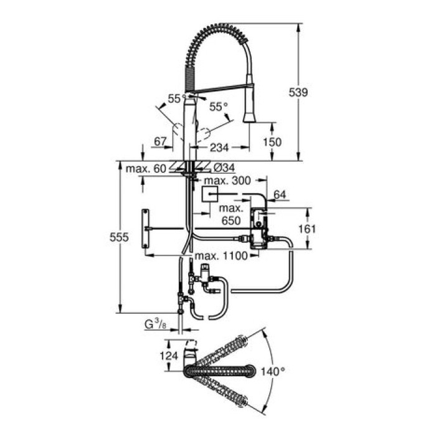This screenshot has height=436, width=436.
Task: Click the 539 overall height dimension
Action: click(299, 92)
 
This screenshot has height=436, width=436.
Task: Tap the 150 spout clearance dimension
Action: click(272, 142)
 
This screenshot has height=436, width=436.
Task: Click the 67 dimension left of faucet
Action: click(160, 142)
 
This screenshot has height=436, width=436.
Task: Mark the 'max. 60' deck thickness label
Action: click(145, 168)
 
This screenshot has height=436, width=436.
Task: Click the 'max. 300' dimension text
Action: click(232, 181)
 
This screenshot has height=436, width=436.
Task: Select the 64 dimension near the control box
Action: click(280, 195)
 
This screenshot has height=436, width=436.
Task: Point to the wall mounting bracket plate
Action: click(146, 229)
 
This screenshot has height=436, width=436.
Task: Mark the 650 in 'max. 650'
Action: click(230, 220)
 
